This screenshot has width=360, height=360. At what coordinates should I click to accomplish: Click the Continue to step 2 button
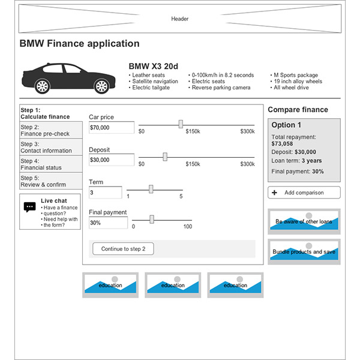123,249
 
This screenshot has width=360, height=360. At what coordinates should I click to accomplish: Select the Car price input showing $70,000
111,127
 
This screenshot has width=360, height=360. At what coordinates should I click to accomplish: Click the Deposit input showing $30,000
111,160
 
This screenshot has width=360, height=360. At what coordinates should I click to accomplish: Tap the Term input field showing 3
105,193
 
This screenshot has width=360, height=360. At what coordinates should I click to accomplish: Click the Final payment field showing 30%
108,223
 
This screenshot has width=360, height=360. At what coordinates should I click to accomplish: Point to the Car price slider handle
181,124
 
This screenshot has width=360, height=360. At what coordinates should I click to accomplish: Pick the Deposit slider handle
165,157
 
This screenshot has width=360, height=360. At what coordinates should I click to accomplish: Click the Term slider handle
151,189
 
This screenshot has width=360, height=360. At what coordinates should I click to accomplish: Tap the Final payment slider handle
152,219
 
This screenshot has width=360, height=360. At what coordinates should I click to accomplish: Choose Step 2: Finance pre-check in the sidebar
50,130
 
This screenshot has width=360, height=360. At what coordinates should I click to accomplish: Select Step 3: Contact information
50,147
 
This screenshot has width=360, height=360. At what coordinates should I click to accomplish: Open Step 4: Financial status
50,164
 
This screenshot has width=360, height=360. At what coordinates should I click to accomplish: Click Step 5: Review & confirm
50,181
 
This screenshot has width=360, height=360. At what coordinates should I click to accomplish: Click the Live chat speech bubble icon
30,207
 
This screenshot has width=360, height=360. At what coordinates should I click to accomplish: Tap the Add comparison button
304,193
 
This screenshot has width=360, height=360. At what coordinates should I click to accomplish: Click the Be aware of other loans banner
304,221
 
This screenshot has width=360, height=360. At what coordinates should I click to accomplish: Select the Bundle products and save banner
304,251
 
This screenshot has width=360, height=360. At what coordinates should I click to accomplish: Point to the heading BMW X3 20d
153,66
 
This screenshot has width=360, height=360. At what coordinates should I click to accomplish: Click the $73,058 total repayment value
282,143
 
